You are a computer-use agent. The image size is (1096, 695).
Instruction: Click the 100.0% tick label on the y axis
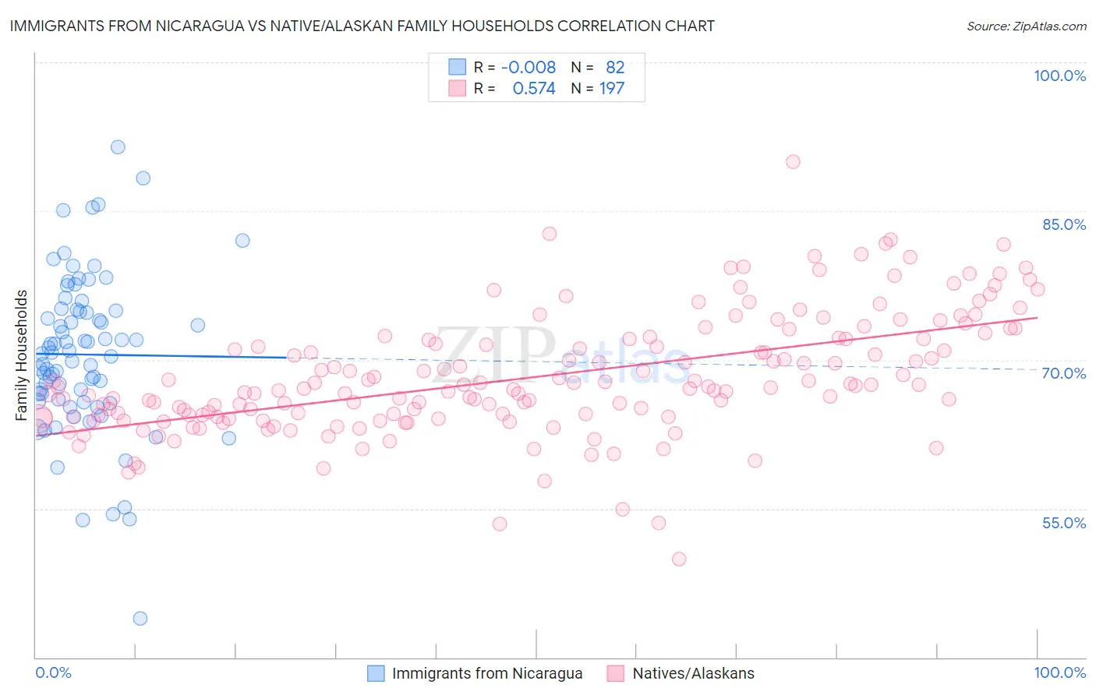tap(1059, 76)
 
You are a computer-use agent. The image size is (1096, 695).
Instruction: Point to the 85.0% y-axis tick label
tap(1064, 224)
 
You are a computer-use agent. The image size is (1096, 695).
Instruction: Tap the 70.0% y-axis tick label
tap(1064, 373)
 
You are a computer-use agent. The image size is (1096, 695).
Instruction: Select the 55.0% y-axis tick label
tap(1064, 523)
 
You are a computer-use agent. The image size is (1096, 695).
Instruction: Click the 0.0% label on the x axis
tap(53, 672)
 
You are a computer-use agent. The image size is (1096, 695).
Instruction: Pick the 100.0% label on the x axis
tap(1059, 672)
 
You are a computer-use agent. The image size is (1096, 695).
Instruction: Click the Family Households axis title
tap(21, 355)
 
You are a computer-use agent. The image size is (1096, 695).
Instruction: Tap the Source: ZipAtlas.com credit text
tap(1026, 26)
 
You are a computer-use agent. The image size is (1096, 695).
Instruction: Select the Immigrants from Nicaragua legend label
tap(487, 673)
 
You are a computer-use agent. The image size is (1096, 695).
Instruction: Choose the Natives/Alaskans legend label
tap(693, 673)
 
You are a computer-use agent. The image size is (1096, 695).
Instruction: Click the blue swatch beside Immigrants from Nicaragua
tap(376, 673)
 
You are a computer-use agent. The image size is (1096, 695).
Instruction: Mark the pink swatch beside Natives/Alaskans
tap(616, 673)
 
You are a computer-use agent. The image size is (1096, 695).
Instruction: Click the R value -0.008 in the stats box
tap(529, 67)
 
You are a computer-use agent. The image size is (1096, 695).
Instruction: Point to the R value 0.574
tap(534, 89)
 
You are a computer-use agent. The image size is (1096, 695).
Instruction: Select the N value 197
tap(612, 89)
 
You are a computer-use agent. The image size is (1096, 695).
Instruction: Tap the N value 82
tap(615, 67)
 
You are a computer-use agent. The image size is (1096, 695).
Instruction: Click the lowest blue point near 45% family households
tap(140, 619)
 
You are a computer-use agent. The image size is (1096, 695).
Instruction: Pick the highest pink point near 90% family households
tap(793, 161)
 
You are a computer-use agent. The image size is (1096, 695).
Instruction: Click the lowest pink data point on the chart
tap(679, 559)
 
